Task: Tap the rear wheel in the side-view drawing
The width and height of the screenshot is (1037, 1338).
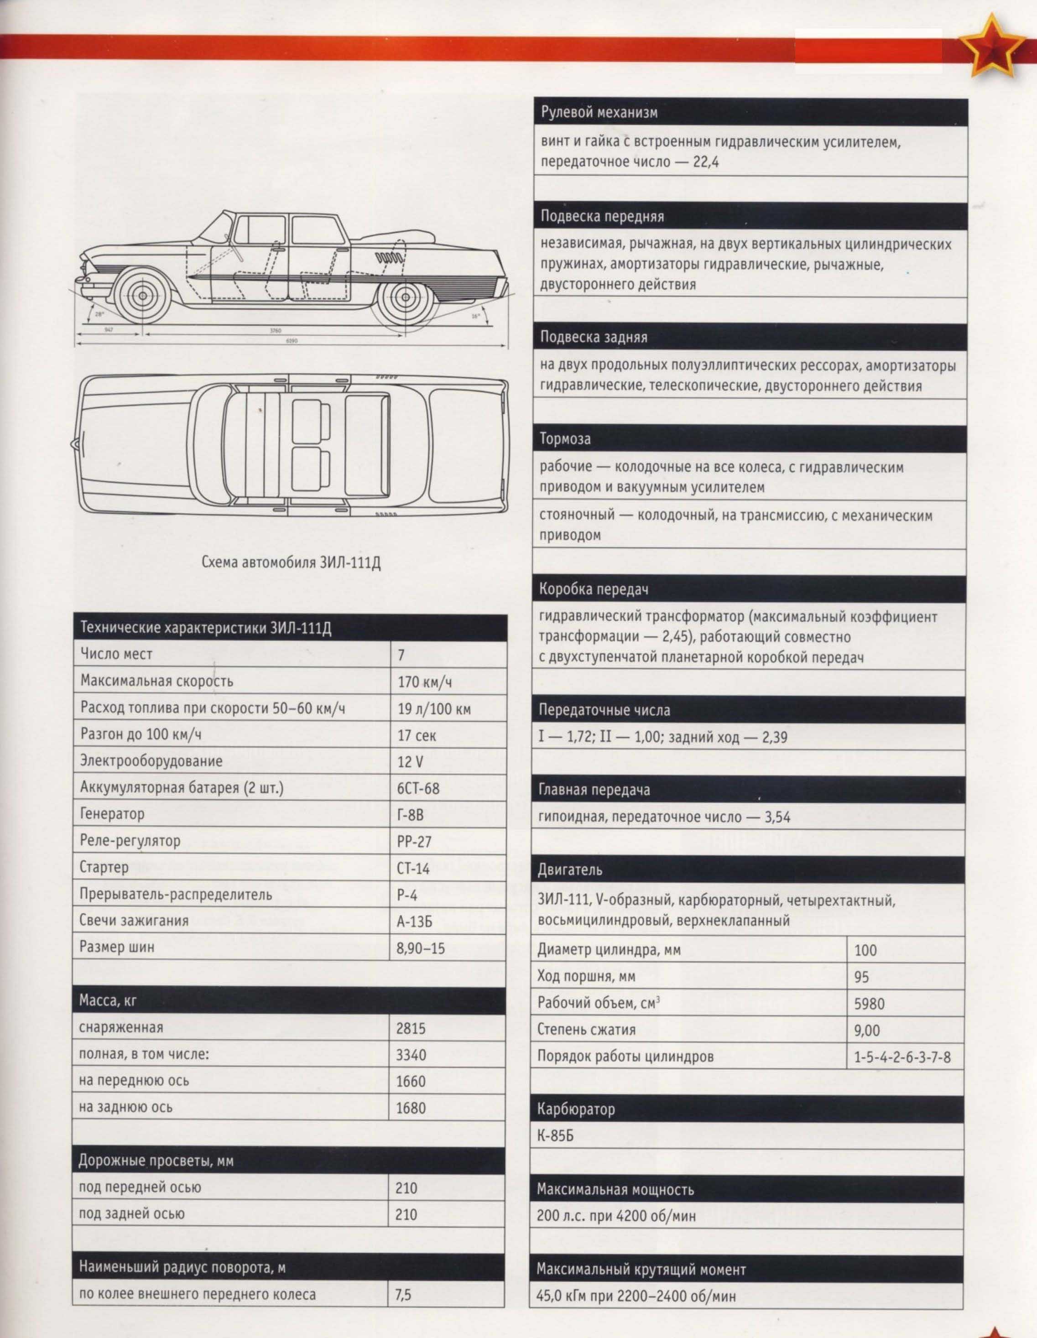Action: pyautogui.click(x=404, y=298)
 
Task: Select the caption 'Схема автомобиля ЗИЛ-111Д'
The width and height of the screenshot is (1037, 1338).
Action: pyautogui.click(x=291, y=562)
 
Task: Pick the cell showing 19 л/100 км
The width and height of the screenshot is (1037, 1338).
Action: pyautogui.click(x=434, y=709)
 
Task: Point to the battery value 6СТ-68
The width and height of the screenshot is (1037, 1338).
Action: pyautogui.click(x=418, y=788)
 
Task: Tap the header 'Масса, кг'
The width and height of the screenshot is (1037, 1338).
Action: pyautogui.click(x=108, y=1000)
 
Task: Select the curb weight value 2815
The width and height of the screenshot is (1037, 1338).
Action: pyautogui.click(x=411, y=1028)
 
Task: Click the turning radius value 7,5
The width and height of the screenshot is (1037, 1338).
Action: pyautogui.click(x=404, y=1295)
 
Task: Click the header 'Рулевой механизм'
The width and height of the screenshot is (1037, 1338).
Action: pyautogui.click(x=599, y=113)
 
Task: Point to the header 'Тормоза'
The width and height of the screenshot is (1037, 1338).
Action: pyautogui.click(x=565, y=439)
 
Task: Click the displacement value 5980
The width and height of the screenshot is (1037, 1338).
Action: pyautogui.click(x=869, y=1004)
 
